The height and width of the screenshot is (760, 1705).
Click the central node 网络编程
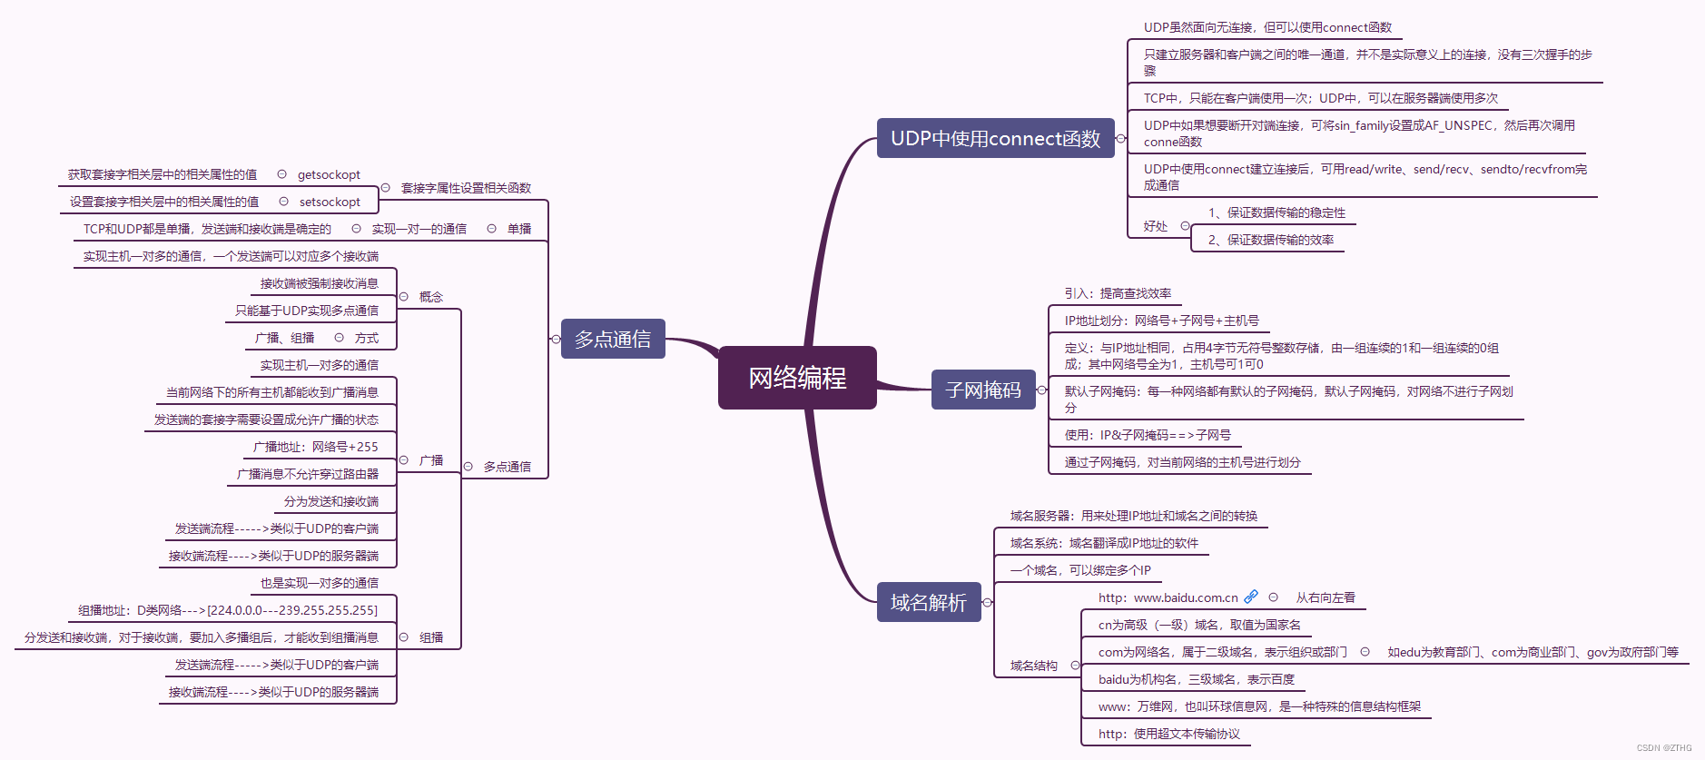click(x=797, y=378)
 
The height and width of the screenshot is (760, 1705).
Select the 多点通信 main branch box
click(x=613, y=339)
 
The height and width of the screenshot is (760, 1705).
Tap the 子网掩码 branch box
click(x=983, y=390)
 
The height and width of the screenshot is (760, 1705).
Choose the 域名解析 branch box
click(x=929, y=602)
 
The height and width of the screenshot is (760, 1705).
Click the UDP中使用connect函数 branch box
click(x=995, y=138)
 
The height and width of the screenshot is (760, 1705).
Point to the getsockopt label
click(x=329, y=174)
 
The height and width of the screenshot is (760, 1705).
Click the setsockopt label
click(x=330, y=202)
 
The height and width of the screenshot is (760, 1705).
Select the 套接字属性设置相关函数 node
click(x=466, y=188)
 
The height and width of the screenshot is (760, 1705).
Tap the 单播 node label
click(x=519, y=229)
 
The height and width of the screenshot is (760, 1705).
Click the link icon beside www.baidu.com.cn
click(x=1251, y=597)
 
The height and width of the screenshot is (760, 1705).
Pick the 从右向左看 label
click(x=1326, y=597)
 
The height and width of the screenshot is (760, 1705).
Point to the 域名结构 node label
click(x=1034, y=666)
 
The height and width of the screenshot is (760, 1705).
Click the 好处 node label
click(x=1156, y=226)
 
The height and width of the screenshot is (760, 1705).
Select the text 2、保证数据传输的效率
click(x=1270, y=240)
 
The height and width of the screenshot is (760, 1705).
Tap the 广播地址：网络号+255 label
click(x=315, y=447)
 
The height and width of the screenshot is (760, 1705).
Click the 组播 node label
click(x=431, y=637)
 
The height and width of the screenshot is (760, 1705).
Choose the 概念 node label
click(x=431, y=297)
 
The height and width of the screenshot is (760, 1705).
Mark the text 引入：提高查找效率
click(x=1118, y=293)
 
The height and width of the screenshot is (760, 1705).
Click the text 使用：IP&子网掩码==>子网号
click(x=1148, y=435)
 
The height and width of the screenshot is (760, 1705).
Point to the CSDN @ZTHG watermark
click(x=1664, y=748)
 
